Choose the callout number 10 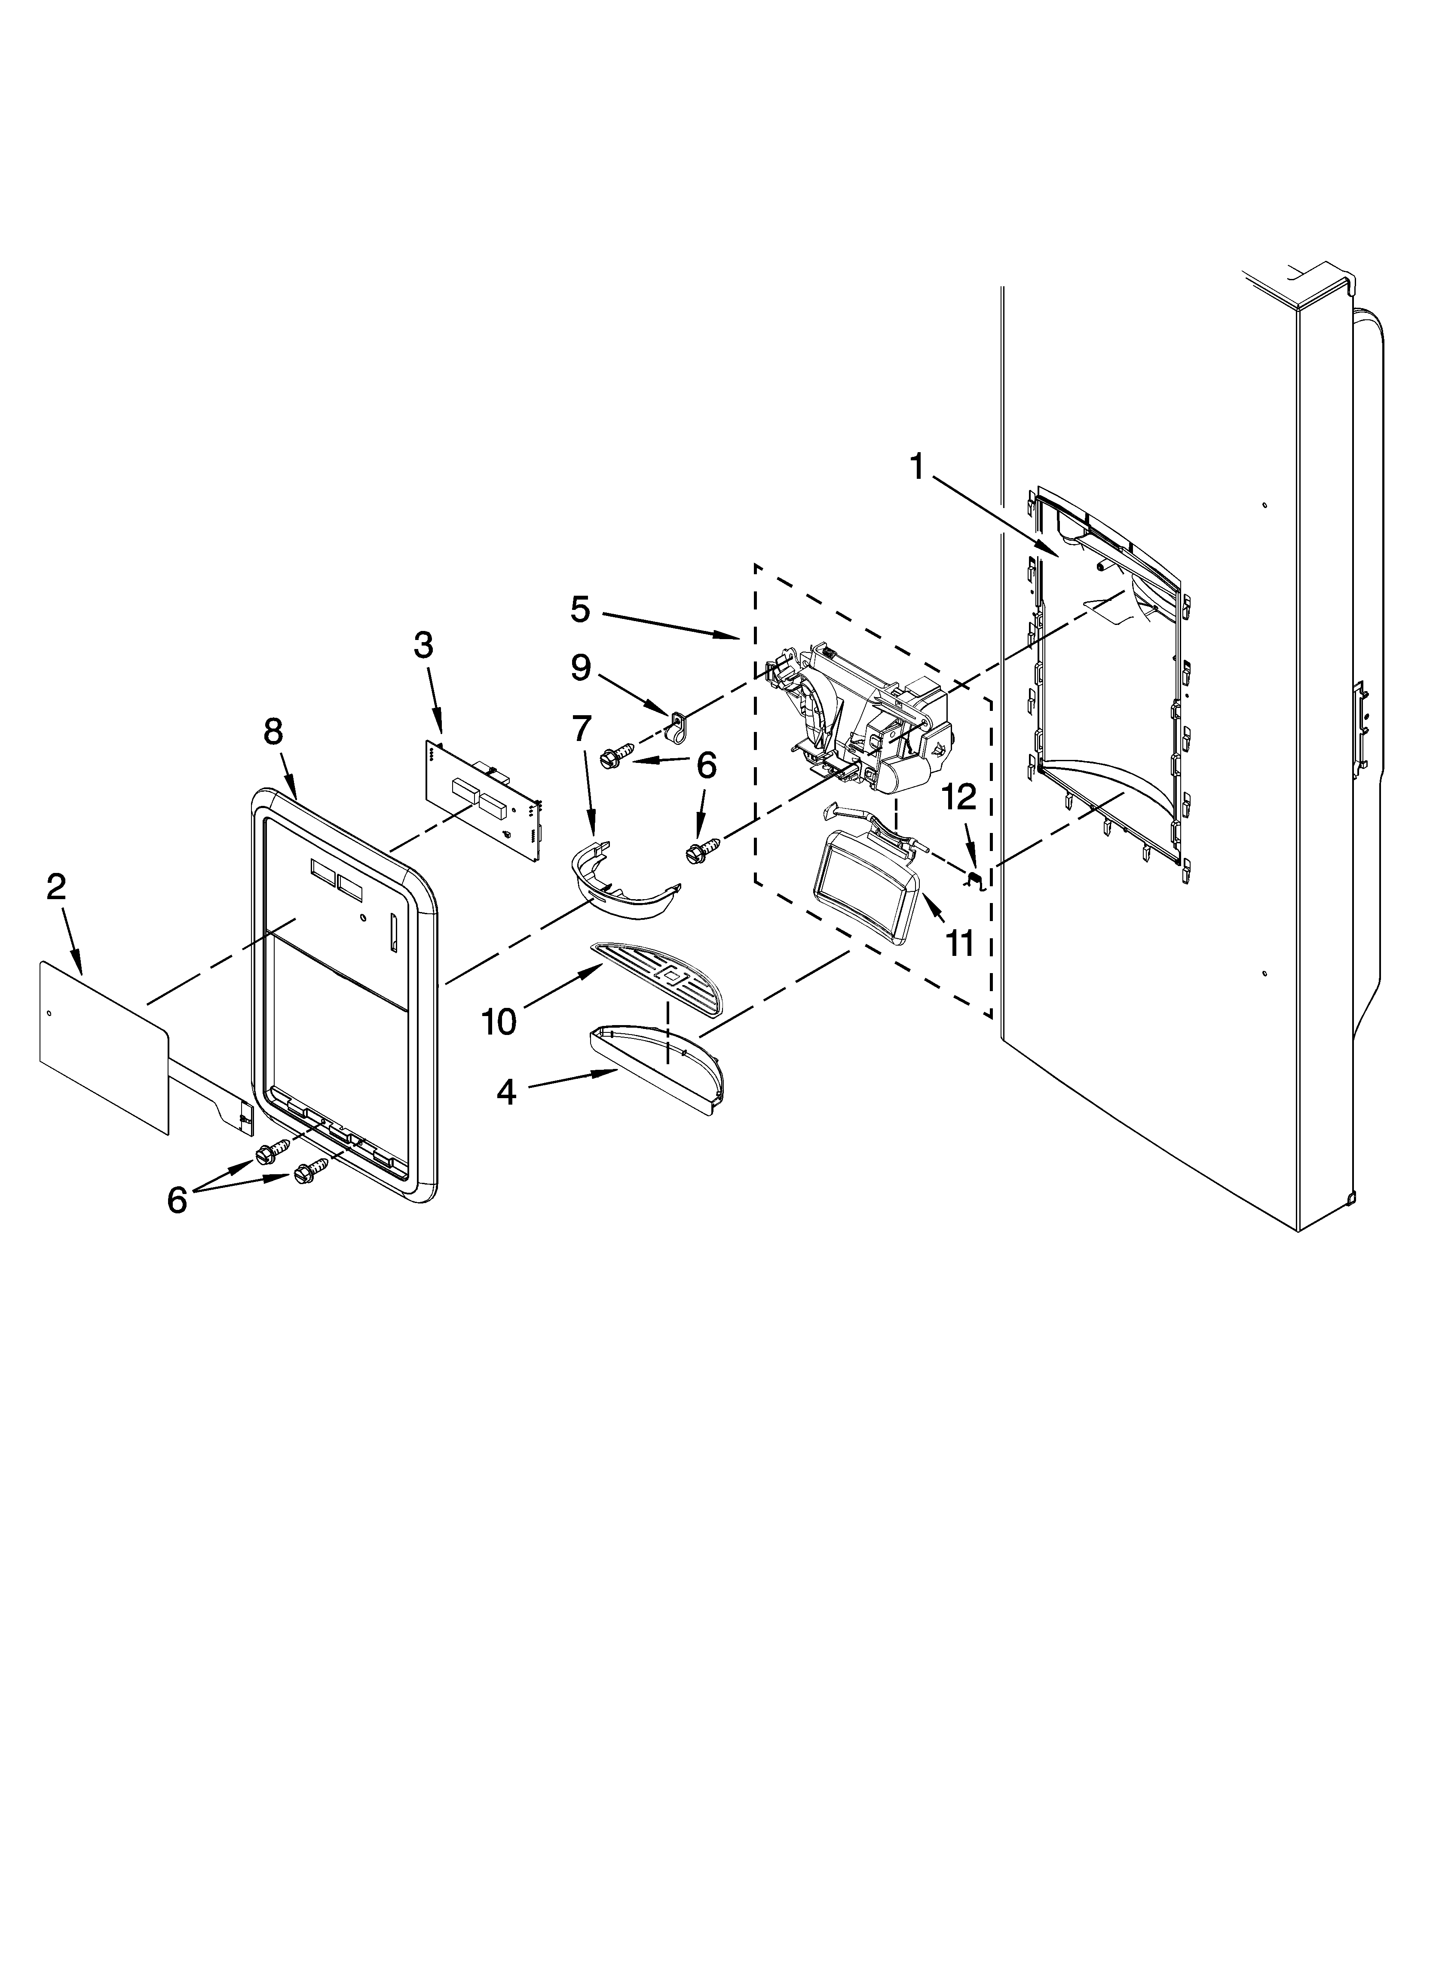point(499,1021)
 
